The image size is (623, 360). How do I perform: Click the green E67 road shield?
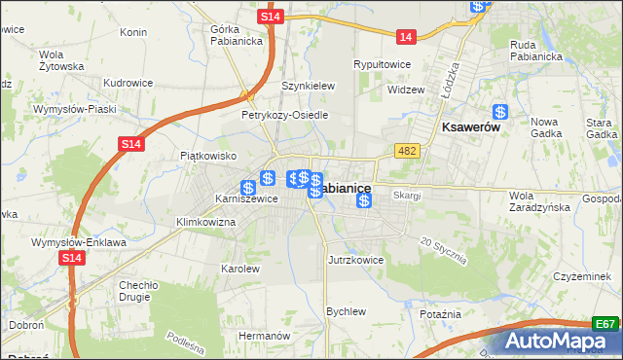point(605,324)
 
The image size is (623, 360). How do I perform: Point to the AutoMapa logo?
point(560,342)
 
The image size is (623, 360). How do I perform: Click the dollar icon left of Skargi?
point(364,200)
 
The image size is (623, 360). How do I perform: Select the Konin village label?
point(132,32)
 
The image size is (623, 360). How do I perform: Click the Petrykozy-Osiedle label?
point(284,115)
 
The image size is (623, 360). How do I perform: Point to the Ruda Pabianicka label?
point(536,50)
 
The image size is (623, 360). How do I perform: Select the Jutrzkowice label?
point(355,261)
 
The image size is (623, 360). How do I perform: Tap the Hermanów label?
point(265,335)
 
